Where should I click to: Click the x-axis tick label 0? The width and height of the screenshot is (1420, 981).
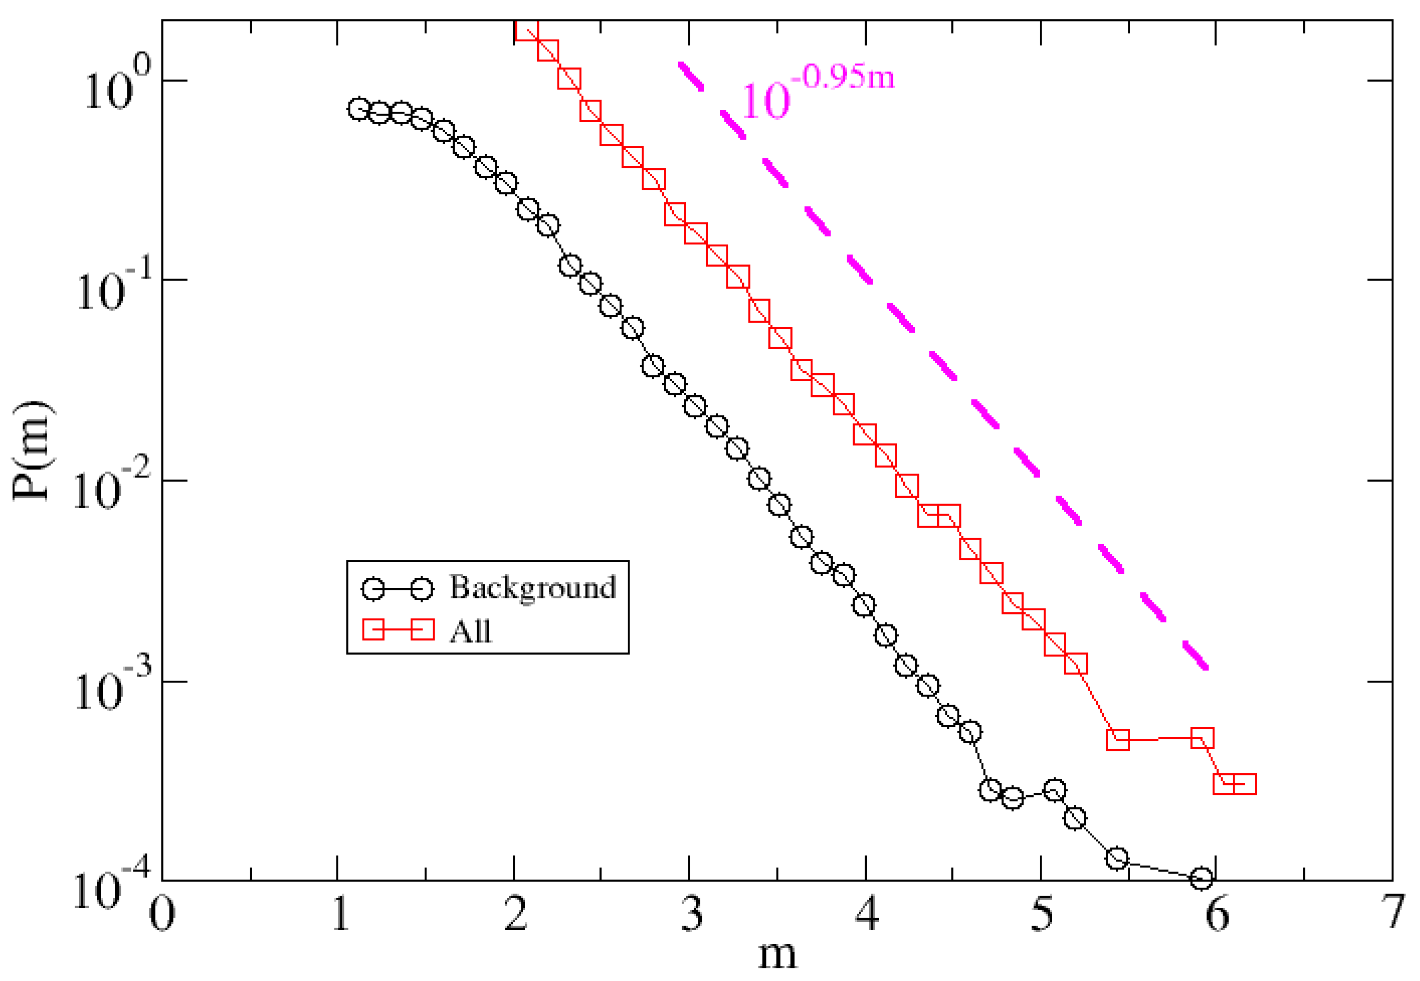coord(162,914)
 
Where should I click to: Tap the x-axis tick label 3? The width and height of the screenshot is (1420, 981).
coord(692,914)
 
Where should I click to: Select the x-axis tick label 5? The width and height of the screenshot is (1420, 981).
coord(1041,914)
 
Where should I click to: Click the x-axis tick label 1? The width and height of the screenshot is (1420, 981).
coord(340,914)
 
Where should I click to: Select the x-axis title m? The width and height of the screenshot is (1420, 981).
coord(777,956)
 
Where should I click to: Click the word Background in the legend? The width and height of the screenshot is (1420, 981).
coord(532,588)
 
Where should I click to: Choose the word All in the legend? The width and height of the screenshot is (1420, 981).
coord(470,631)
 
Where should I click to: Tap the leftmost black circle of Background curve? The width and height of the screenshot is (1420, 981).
coord(359,109)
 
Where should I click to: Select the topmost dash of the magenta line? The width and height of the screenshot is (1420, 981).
coord(690,76)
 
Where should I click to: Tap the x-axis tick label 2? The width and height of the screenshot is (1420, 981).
coord(515,914)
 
